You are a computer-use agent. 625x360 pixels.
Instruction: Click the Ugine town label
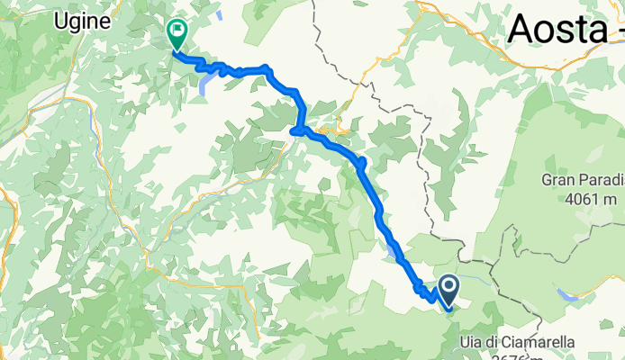tap(82, 20)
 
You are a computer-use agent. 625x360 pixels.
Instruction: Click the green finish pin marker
tap(177, 34)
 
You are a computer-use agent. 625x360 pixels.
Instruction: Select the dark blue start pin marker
tap(448, 290)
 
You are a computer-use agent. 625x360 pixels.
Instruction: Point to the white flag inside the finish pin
tap(177, 31)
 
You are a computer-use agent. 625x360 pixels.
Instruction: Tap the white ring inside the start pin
tap(448, 287)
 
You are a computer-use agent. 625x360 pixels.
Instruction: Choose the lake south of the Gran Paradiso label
tap(567, 293)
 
